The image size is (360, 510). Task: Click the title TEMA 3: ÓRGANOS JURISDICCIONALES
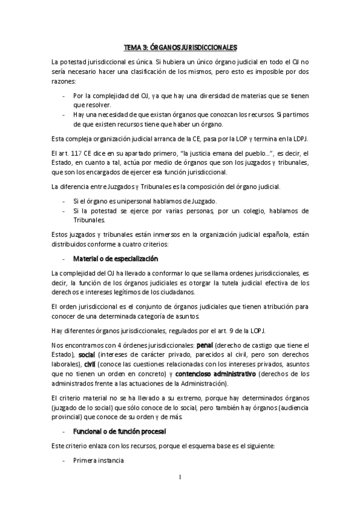[180, 46]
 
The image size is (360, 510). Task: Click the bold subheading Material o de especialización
[115, 259]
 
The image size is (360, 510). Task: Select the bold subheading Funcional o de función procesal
[119, 432]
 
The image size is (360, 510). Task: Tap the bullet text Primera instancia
[98, 460]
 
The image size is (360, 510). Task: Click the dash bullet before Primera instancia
[64, 460]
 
